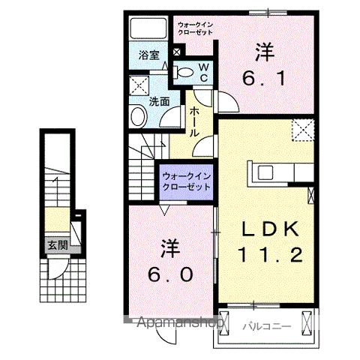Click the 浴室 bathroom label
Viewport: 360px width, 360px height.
pyautogui.click(x=148, y=55)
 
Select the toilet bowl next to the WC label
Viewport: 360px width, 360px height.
pyautogui.click(x=183, y=72)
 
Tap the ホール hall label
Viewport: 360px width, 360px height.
pyautogui.click(x=193, y=120)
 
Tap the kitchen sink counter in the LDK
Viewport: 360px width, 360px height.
pyautogui.click(x=265, y=171)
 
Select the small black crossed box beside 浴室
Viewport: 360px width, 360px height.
pyautogui.click(x=176, y=52)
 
